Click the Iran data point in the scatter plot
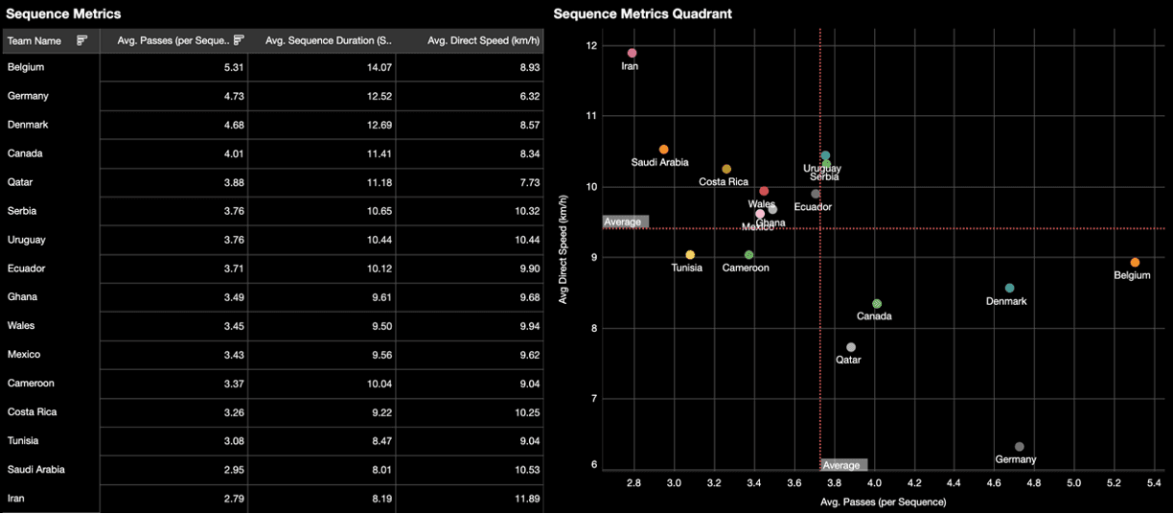[x=632, y=53]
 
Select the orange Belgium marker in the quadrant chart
[x=1135, y=262]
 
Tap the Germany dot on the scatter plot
[x=1019, y=447]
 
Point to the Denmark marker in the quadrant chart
[x=1009, y=288]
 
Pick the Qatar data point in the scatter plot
[x=851, y=347]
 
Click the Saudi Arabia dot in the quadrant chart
[x=663, y=150]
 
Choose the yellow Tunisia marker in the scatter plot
[x=690, y=254]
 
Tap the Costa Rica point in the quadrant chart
[x=726, y=169]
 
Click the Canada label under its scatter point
[x=874, y=316]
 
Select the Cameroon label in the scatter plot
[x=746, y=268]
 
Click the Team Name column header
[x=34, y=40]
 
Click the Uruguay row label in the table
[x=27, y=240]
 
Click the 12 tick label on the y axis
[x=592, y=46]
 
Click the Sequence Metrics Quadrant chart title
[x=642, y=13]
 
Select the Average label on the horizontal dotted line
[x=625, y=222]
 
